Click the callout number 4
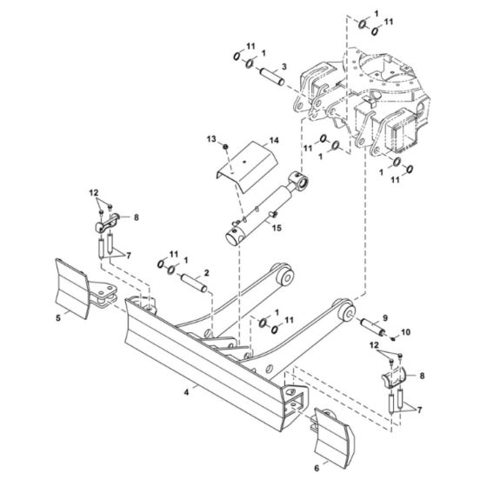click(x=186, y=392)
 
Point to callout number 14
click(x=249, y=140)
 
